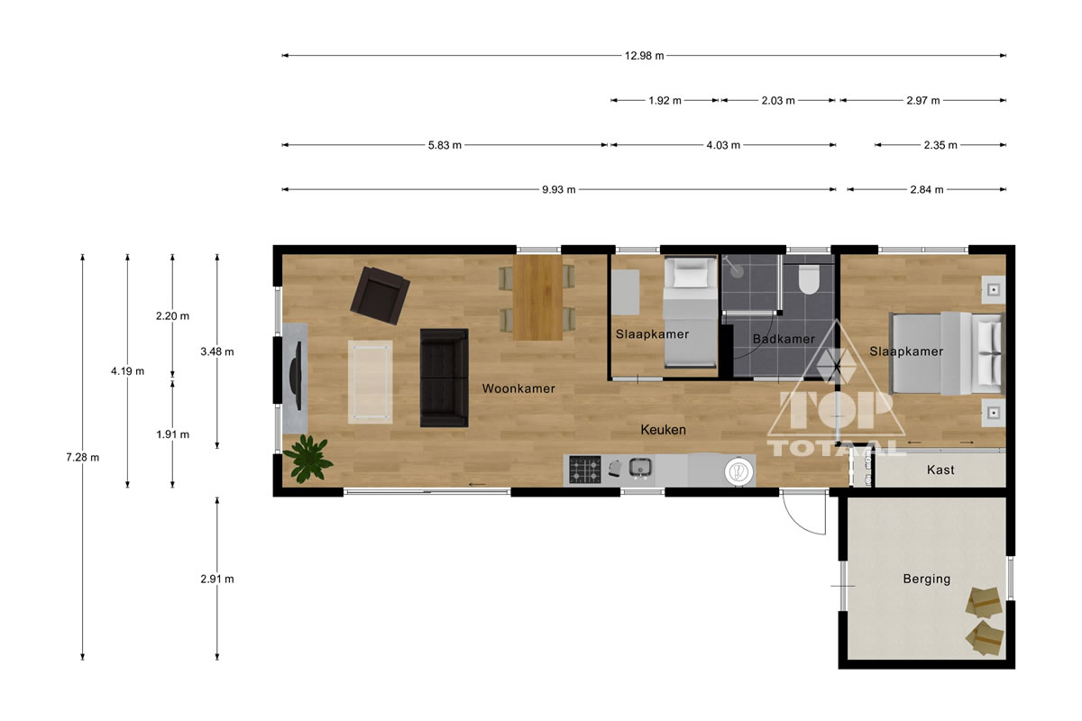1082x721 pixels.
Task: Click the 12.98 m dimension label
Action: pyautogui.click(x=644, y=56)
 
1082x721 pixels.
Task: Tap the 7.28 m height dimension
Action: pyautogui.click(x=83, y=457)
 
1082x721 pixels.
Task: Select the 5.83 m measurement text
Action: pyautogui.click(x=445, y=145)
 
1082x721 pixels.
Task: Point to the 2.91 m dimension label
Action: pyautogui.click(x=217, y=579)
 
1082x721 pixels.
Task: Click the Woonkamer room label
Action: pyautogui.click(x=518, y=388)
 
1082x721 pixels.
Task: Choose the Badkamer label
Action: pyautogui.click(x=784, y=339)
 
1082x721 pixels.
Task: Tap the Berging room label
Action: pyautogui.click(x=927, y=579)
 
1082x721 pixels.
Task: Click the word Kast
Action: pyautogui.click(x=940, y=470)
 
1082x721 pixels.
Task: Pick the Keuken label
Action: pyautogui.click(x=663, y=429)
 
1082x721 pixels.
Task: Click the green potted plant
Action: pyautogui.click(x=307, y=459)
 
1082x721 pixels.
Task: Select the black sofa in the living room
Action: pyautogui.click(x=444, y=378)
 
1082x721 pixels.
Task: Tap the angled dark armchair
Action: pyautogui.click(x=381, y=296)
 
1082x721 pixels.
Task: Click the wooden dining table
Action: pyautogui.click(x=537, y=297)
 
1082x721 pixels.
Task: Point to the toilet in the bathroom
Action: pyautogui.click(x=809, y=279)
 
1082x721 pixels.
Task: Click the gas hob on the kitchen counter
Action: pyautogui.click(x=585, y=470)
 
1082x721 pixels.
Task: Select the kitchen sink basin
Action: pyautogui.click(x=640, y=468)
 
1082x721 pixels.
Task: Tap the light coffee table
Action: pyautogui.click(x=370, y=381)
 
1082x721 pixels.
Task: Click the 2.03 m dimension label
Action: pyautogui.click(x=777, y=100)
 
